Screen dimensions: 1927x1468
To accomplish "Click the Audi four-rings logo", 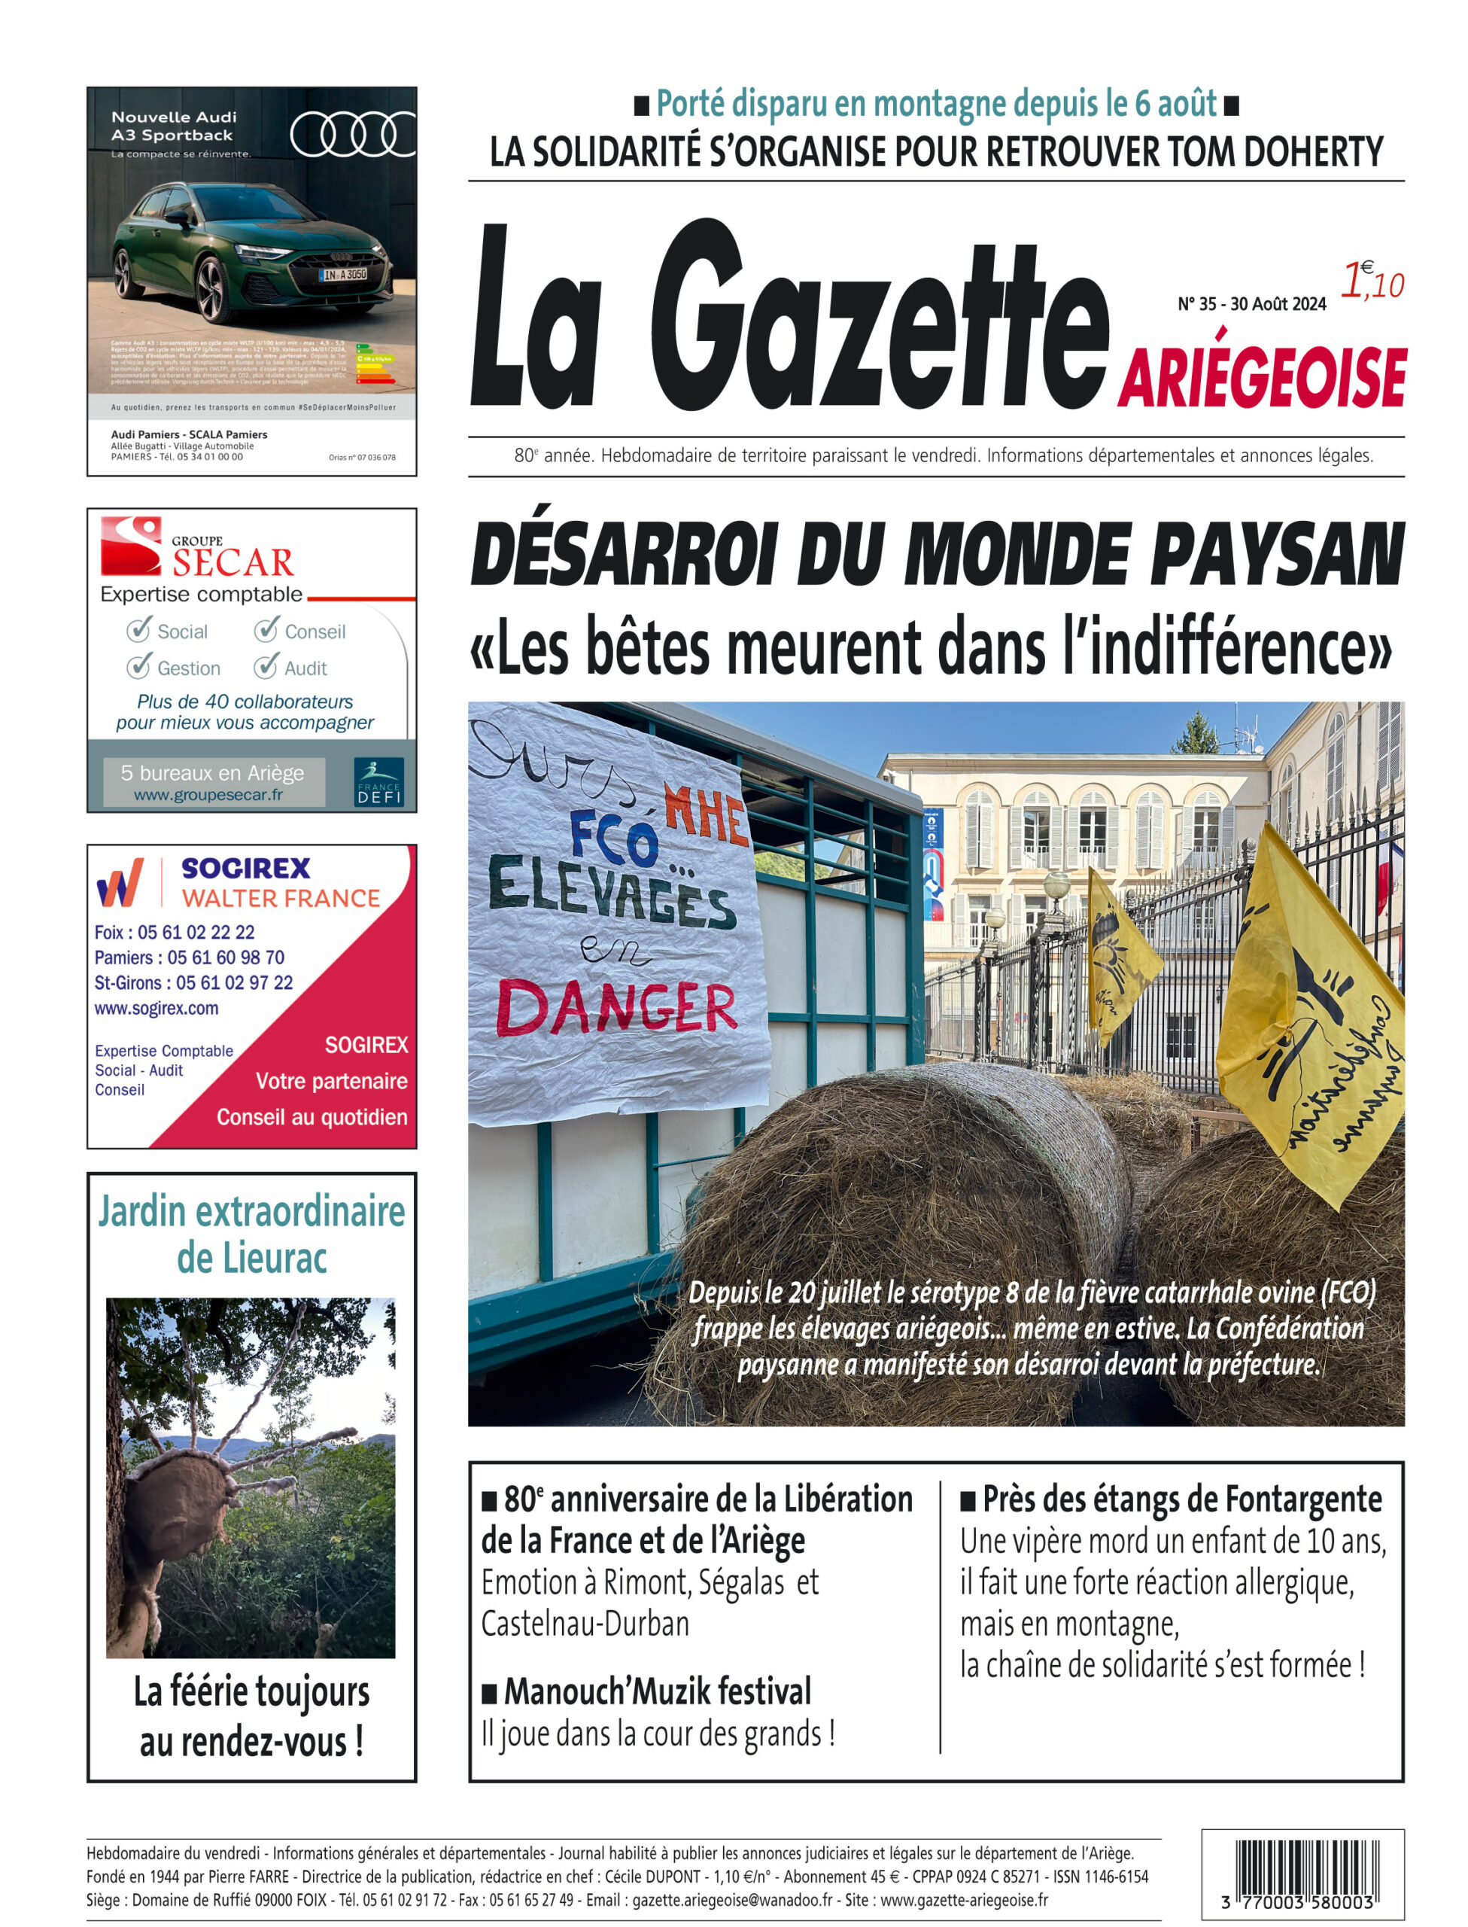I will (x=353, y=135).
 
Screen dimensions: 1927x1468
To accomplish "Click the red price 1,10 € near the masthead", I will (x=1372, y=282).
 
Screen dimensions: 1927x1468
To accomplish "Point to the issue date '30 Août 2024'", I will (x=1278, y=304).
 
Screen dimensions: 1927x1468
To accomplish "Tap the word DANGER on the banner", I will (x=616, y=1008).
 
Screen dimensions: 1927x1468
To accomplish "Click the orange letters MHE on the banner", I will (x=705, y=814).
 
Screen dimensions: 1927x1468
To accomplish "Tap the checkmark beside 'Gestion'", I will (x=138, y=667).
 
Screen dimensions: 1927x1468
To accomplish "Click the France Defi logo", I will (x=379, y=781).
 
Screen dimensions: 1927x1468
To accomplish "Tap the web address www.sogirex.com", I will (x=157, y=1008).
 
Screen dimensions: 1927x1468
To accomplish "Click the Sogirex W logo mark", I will (x=120, y=883).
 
